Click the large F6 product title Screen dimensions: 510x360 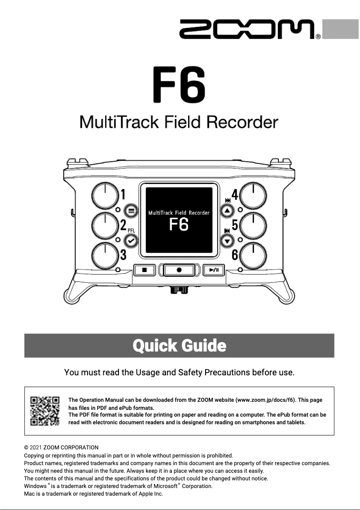[179, 84]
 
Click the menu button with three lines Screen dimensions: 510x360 [131, 210]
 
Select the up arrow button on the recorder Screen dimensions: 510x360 [227, 210]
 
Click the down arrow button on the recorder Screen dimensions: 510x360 [227, 241]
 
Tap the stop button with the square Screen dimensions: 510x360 [145, 270]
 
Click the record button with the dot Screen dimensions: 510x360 [179, 270]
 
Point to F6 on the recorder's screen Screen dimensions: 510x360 [179, 224]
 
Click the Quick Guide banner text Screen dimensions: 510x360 [179, 346]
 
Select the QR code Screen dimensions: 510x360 [45, 411]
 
